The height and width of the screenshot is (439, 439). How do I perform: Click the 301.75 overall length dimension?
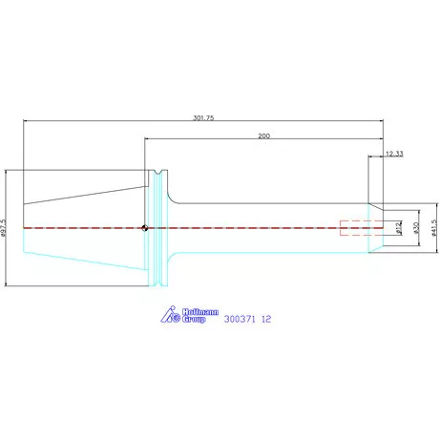203,117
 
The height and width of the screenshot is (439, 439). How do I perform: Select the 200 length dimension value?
263,136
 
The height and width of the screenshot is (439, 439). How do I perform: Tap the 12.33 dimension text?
394,154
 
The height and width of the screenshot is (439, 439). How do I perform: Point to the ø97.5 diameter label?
4,228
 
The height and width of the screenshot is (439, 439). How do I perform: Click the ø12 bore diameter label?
398,228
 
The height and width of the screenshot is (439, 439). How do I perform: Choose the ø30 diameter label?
416,228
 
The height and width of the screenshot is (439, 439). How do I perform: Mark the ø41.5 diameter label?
434,228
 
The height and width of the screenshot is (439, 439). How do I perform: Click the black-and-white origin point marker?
145,228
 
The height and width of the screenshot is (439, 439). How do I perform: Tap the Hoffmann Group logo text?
200,315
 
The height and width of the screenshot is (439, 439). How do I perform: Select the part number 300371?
240,319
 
